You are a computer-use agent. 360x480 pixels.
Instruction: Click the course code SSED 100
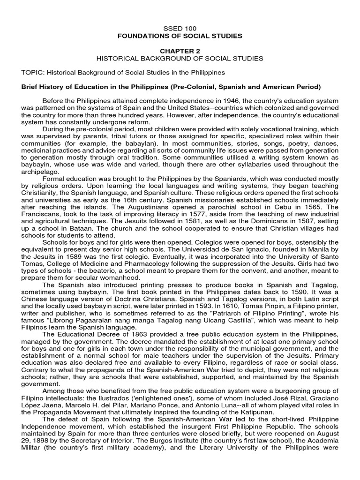click(180, 29)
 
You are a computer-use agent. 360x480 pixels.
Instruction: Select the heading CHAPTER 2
click(180, 51)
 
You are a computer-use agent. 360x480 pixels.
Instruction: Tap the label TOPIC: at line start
click(33, 73)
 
